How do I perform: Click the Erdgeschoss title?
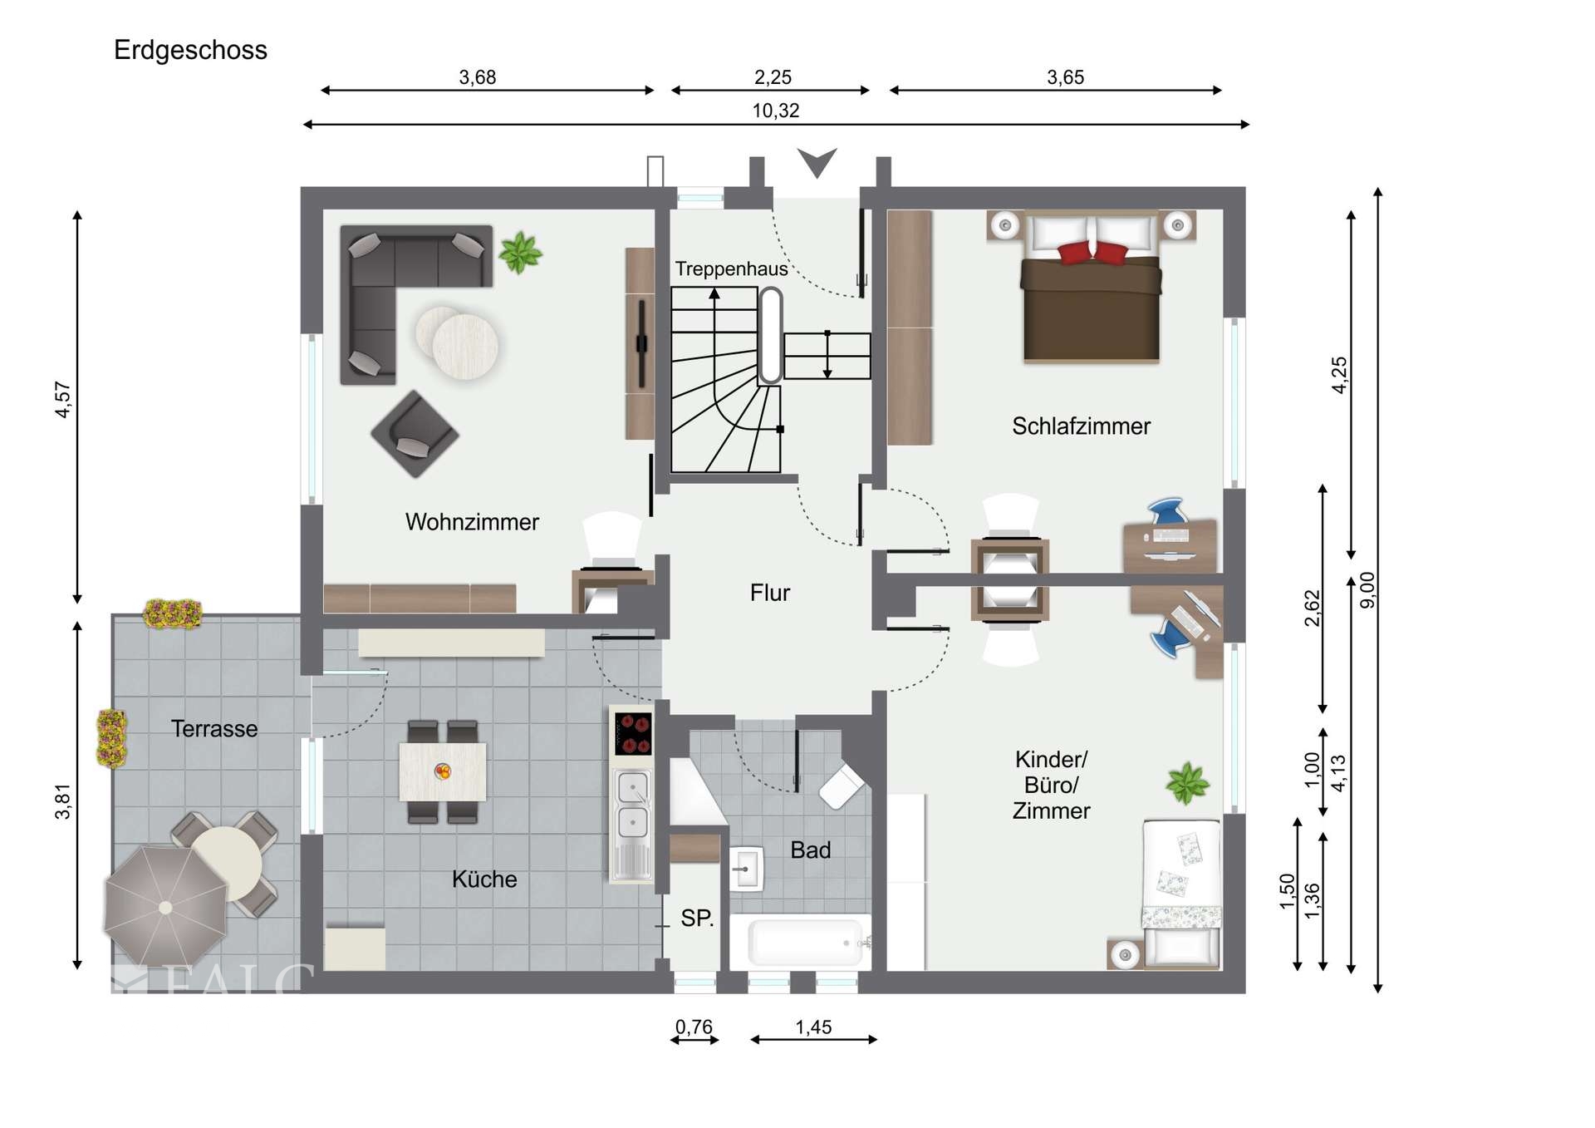[190, 51]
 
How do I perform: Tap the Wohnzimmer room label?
[472, 522]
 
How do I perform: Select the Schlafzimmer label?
[1081, 426]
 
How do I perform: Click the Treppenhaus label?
[731, 269]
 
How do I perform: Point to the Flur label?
[769, 593]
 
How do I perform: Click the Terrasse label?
[214, 729]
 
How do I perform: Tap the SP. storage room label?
[697, 919]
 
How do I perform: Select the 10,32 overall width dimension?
[776, 111]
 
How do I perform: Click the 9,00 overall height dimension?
[1367, 590]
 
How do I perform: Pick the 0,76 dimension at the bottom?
[694, 1027]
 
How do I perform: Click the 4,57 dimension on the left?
[63, 400]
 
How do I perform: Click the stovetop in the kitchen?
[633, 733]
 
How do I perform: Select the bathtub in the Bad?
[806, 942]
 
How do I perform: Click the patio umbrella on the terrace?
[165, 907]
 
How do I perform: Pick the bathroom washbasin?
[746, 869]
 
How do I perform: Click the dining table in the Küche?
[443, 772]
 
